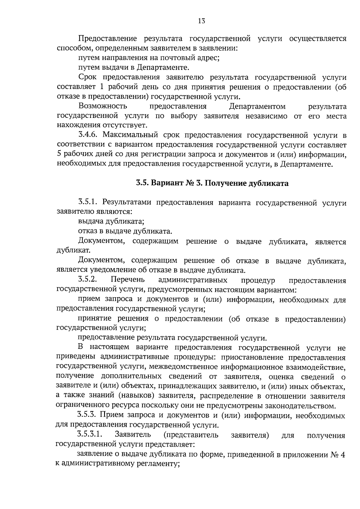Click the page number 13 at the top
point(201,21)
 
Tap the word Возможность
point(103,106)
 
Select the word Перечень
point(128,280)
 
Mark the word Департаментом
point(257,106)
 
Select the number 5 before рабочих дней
point(58,155)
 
